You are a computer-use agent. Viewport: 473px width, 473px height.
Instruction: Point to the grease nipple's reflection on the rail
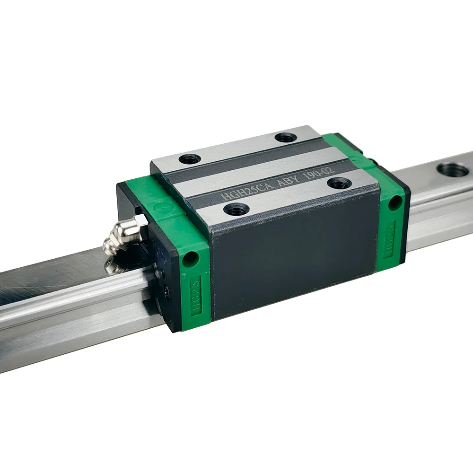point(113,266)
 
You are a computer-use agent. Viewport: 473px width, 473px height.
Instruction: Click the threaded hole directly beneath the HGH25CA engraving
point(235,208)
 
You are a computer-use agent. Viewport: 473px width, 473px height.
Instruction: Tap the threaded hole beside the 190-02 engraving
point(339,183)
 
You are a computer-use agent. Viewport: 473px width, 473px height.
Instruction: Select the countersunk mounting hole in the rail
point(452,169)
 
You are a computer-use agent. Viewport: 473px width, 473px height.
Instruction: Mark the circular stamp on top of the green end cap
point(161,207)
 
